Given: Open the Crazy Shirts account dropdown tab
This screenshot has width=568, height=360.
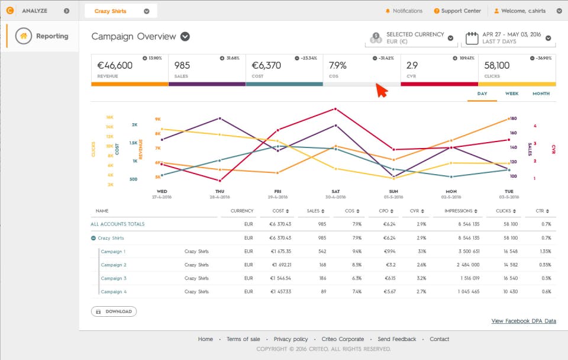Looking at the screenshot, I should [121, 11].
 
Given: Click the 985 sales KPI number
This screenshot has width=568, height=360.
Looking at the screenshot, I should [182, 65].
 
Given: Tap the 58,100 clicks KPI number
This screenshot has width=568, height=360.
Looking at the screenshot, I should [496, 65].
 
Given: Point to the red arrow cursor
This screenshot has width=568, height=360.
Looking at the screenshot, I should [381, 91].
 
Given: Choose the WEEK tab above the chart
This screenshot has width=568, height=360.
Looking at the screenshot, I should [512, 94].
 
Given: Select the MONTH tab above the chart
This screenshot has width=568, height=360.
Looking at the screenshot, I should [541, 94].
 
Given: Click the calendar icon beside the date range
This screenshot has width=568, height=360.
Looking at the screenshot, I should [472, 38].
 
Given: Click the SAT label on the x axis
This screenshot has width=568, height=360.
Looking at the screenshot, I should [335, 191].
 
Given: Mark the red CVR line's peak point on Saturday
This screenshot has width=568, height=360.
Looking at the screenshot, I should [335, 109].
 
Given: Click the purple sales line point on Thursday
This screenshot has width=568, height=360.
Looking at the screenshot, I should [220, 118].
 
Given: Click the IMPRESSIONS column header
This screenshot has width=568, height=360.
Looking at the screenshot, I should [459, 211].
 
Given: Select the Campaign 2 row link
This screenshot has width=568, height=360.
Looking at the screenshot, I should [113, 265].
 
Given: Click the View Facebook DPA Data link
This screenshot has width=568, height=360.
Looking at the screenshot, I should [524, 321].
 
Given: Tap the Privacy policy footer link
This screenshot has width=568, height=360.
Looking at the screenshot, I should [291, 339].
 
